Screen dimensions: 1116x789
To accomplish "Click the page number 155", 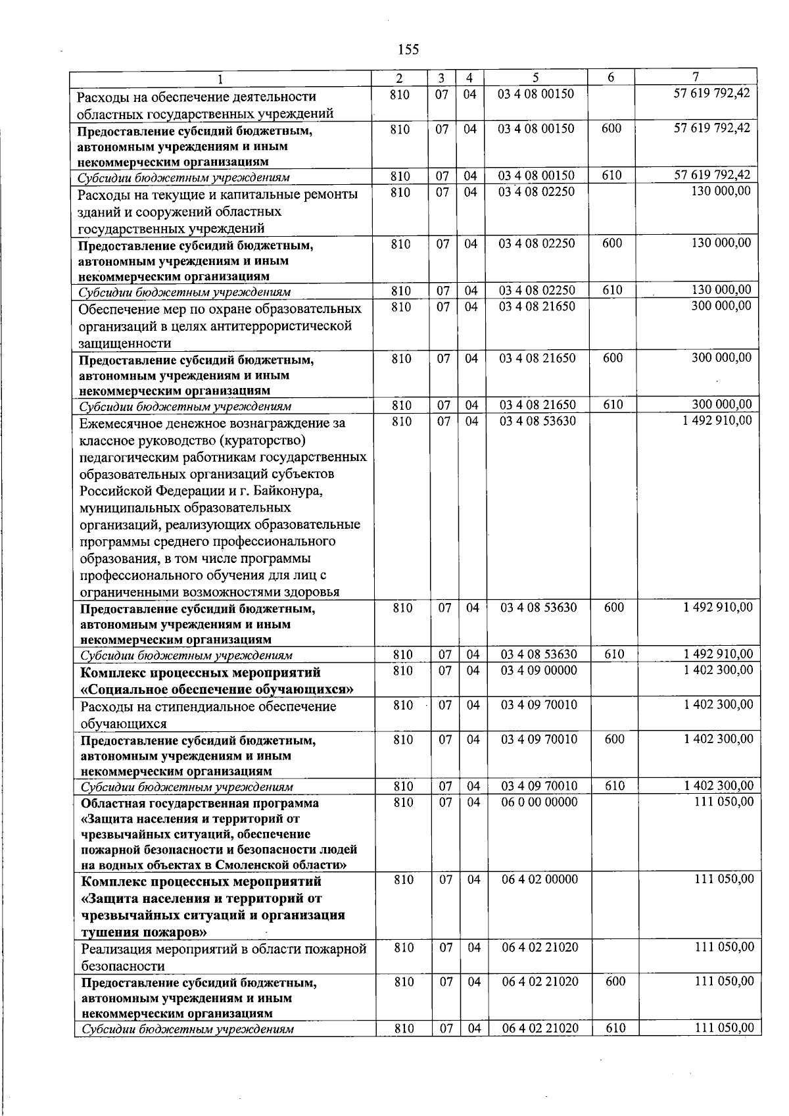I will [408, 50].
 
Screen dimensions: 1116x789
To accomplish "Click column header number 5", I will [536, 78].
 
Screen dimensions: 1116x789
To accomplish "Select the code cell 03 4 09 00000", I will [538, 670].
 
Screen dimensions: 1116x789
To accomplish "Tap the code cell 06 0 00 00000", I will [539, 802].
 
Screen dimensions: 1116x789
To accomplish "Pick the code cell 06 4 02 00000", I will [540, 879].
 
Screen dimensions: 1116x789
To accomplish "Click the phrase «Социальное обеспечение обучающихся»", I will [217, 689].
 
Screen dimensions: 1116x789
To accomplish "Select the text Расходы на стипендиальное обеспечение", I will [208, 706].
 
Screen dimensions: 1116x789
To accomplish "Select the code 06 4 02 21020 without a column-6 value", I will [540, 948].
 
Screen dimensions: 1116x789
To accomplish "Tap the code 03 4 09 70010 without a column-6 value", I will [538, 705].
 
